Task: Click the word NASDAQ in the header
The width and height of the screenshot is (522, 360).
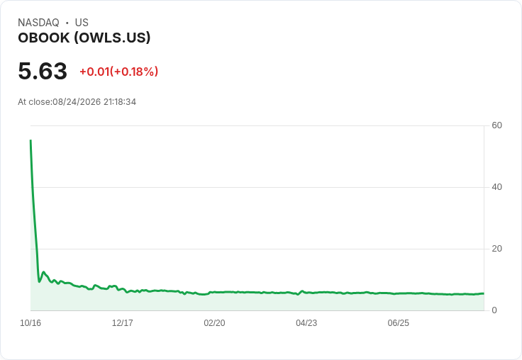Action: point(38,23)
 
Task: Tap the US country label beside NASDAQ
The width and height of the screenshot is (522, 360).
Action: point(82,23)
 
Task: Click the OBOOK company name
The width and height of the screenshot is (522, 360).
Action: point(44,38)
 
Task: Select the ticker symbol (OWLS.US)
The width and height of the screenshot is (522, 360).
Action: point(112,38)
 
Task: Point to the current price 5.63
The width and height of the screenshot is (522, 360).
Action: point(43,71)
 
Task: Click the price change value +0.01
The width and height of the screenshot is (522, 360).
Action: point(94,72)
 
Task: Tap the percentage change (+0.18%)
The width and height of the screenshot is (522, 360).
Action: point(134,72)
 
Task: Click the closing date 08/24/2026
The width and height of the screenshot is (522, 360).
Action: point(77,102)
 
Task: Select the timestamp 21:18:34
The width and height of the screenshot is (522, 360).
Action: point(120,102)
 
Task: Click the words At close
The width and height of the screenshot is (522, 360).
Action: point(34,102)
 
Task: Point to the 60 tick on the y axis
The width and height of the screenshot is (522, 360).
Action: point(496,125)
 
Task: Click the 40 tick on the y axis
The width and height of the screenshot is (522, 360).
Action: point(496,187)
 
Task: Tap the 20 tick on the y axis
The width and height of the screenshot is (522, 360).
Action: point(496,249)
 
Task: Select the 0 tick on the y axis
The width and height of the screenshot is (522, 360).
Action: point(494,310)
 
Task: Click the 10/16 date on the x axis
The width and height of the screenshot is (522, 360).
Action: point(30,323)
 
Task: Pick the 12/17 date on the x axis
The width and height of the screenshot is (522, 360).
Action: point(123,323)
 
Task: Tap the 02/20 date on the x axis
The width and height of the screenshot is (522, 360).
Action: point(214,323)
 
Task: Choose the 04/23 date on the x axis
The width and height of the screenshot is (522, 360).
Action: point(306,323)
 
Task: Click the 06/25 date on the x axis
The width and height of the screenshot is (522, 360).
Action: point(398,323)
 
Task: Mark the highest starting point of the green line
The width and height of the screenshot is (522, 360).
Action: point(30,140)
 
